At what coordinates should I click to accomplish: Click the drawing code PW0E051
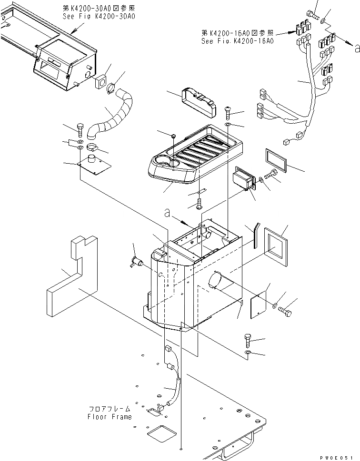point(339,457)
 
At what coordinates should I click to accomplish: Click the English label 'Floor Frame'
point(109,417)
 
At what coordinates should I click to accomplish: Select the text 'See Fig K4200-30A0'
point(99,16)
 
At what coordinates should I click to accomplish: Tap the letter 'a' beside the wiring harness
point(357,47)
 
